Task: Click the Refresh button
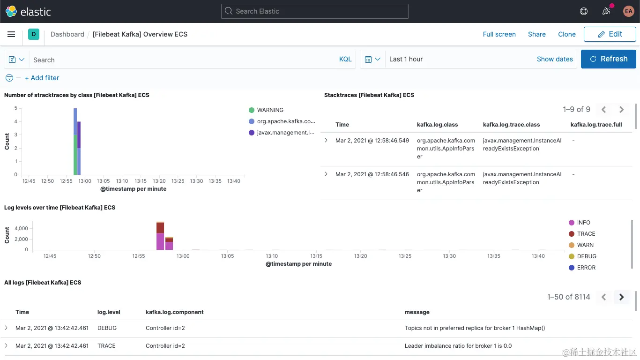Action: tap(608, 59)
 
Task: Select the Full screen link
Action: tap(499, 34)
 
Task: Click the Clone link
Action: tap(566, 34)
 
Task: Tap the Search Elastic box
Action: tap(314, 11)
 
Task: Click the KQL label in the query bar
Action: tap(345, 59)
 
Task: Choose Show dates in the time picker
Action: tap(555, 59)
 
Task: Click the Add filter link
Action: tap(42, 78)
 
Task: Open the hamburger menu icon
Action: tap(11, 34)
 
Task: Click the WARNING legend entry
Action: tap(270, 110)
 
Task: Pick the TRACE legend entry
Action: tap(586, 234)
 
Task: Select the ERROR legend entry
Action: tap(586, 268)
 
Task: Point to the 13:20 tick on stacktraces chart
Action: tap(159, 181)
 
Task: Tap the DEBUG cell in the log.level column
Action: tap(107, 328)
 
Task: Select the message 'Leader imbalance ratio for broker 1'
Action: tap(458, 346)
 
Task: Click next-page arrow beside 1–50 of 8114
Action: tap(622, 297)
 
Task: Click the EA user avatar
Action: tap(628, 11)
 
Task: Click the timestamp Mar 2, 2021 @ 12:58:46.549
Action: tap(372, 141)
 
